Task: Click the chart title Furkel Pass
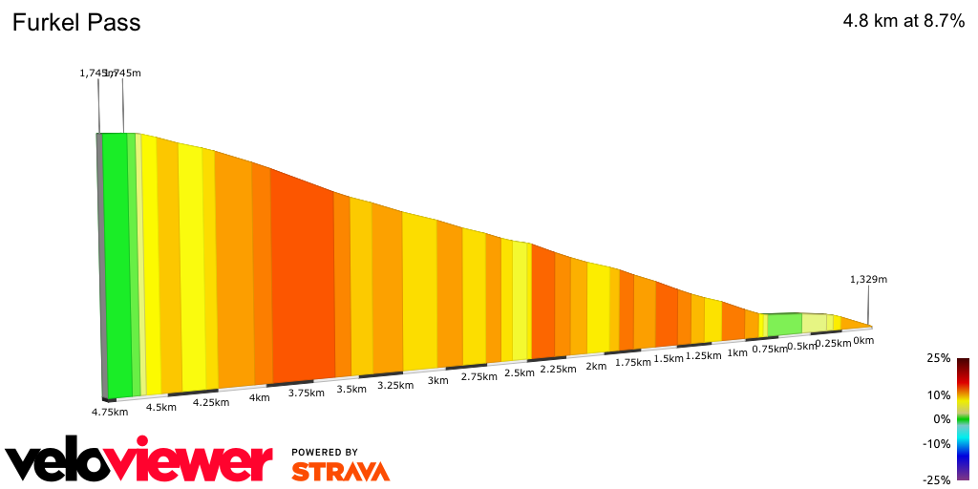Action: click(76, 23)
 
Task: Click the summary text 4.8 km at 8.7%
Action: click(904, 22)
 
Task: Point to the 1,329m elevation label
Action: click(868, 279)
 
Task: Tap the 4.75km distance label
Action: click(109, 412)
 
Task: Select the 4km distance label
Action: click(259, 397)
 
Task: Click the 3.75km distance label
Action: click(307, 393)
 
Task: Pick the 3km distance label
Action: click(438, 380)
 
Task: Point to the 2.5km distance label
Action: click(519, 372)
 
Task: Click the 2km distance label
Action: click(596, 366)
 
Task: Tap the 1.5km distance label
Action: click(669, 359)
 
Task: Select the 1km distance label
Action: click(737, 352)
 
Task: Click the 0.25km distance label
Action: click(833, 344)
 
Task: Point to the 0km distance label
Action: click(863, 340)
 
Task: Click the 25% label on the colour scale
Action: click(939, 358)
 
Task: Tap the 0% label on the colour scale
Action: click(942, 418)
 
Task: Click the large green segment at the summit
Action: click(116, 263)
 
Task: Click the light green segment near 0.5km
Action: click(784, 324)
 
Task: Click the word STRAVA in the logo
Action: click(340, 471)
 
